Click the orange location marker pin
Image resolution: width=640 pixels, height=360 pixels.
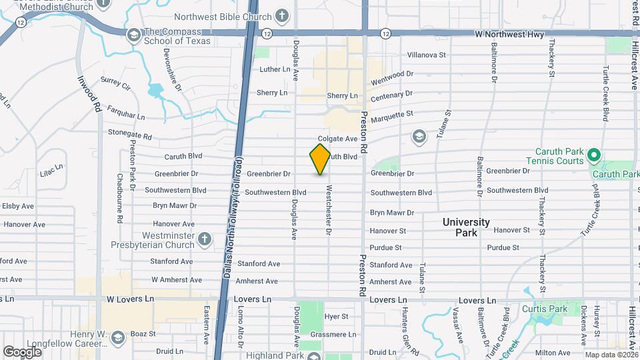pos(320,159)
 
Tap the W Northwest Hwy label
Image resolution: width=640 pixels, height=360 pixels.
pos(509,34)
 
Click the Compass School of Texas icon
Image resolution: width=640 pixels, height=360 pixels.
pos(133,34)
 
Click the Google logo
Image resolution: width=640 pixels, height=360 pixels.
pos(22,351)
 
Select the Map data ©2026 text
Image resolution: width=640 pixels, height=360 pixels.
pos(612,355)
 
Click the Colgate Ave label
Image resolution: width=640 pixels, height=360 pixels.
pos(342,139)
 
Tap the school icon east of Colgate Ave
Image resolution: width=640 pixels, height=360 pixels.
pos(419,137)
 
